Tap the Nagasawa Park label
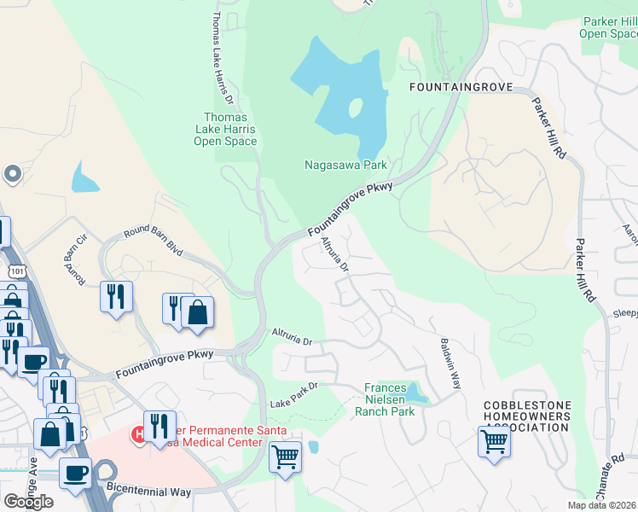[345, 165]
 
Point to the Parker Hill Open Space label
[608, 27]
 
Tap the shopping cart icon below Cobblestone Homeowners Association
[494, 442]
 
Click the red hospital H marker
[138, 435]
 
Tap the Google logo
[28, 502]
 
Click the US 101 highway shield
[16, 271]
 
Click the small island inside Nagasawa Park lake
[355, 108]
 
